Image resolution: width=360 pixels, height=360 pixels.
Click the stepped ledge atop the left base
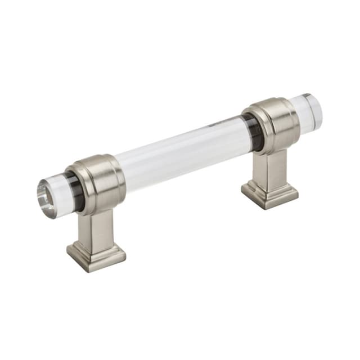(96, 247)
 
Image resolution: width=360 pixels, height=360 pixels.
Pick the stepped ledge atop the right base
(270, 186)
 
